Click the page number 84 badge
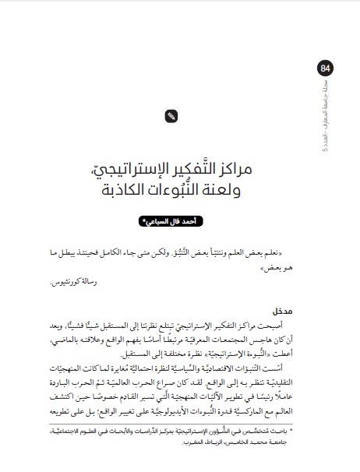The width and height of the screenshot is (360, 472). coord(324,69)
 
